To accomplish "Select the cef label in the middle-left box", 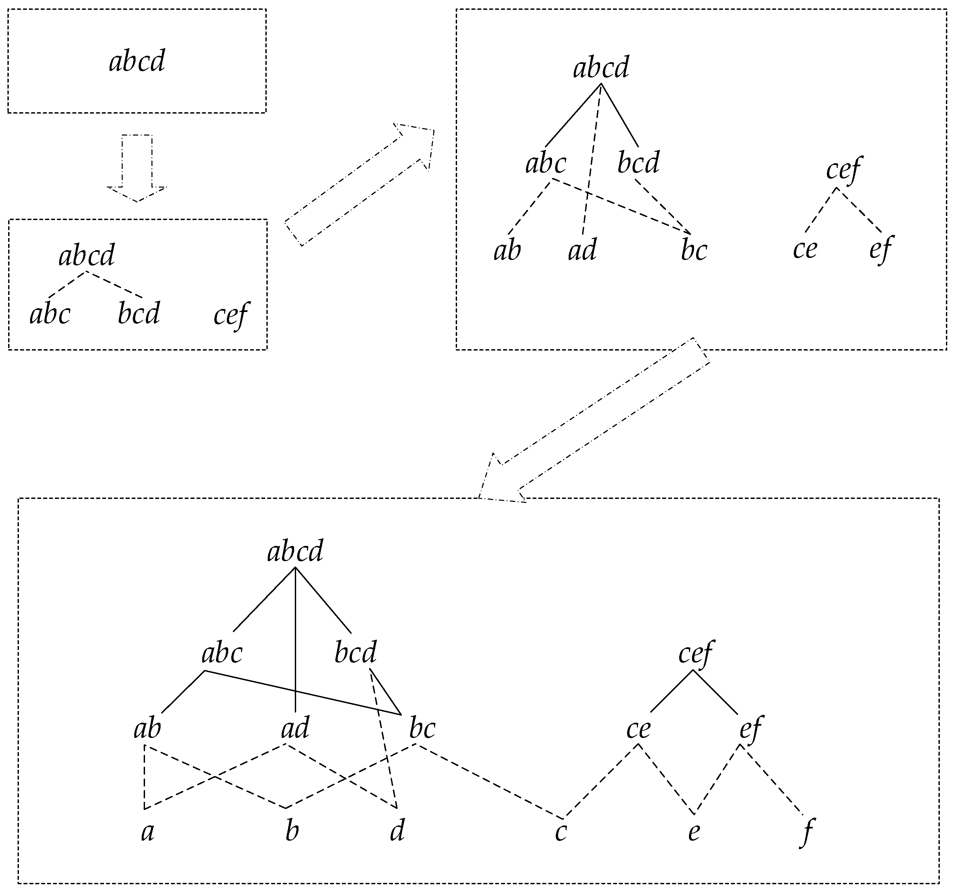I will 231,316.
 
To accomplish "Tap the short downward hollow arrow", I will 137,168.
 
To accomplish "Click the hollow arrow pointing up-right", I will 360,185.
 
